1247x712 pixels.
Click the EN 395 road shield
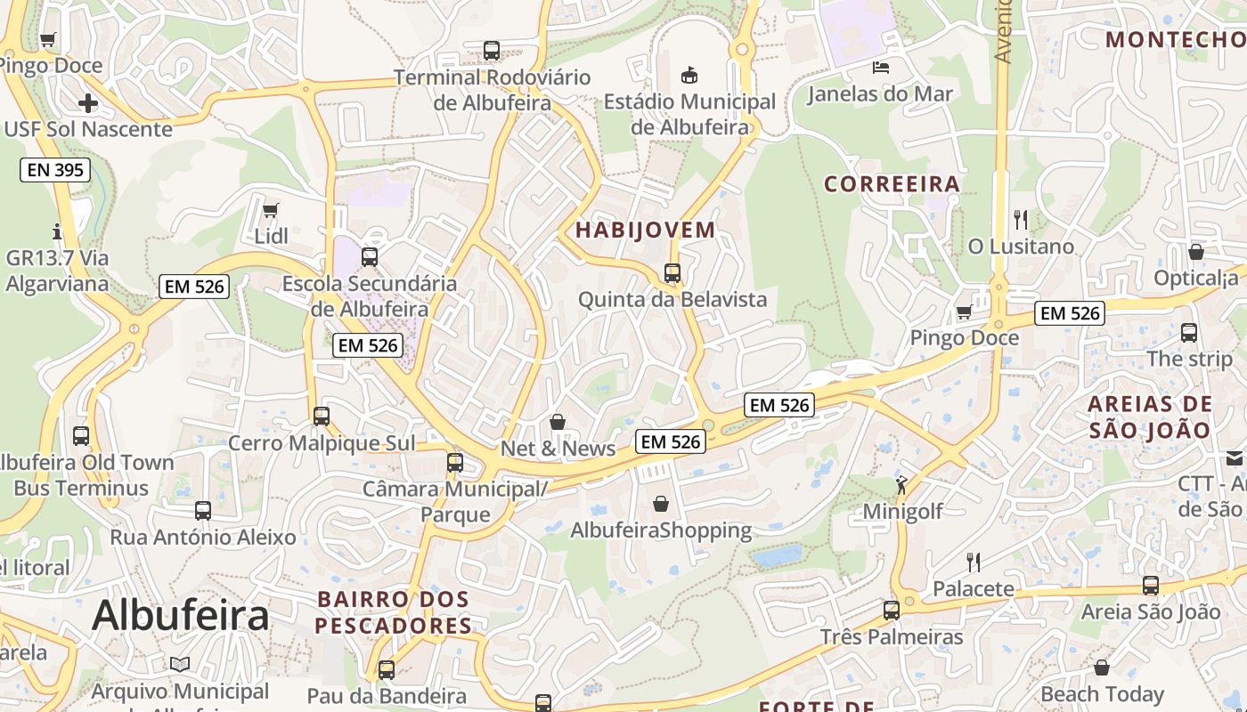click(x=55, y=169)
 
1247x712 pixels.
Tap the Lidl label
click(x=271, y=237)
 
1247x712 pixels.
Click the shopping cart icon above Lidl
click(x=271, y=211)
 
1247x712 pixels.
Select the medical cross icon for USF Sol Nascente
click(x=88, y=103)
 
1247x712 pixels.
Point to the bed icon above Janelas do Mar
click(x=880, y=68)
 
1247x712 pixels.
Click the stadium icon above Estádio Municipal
click(x=689, y=75)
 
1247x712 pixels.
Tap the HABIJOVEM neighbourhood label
click(x=645, y=230)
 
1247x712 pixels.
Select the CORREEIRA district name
click(x=892, y=184)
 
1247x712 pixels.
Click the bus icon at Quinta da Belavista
click(x=672, y=273)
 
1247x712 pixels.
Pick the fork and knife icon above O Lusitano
click(x=1021, y=219)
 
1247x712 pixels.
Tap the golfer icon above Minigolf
click(x=901, y=486)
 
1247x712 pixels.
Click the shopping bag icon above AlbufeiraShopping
click(x=661, y=505)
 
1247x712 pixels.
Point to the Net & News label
click(x=558, y=449)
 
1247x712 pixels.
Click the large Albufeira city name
click(x=180, y=615)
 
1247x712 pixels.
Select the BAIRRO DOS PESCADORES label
click(x=394, y=612)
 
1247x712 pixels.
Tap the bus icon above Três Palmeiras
click(x=892, y=611)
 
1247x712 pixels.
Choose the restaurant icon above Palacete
click(x=974, y=562)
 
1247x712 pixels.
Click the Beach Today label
click(x=1102, y=693)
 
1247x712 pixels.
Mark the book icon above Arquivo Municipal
click(x=180, y=664)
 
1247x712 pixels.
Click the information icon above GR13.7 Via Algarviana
click(x=58, y=232)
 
